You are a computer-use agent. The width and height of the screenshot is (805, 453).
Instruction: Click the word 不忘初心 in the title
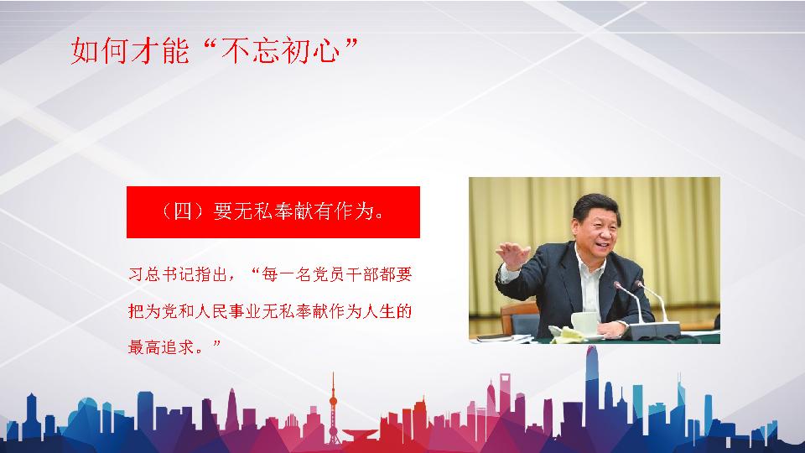(280, 51)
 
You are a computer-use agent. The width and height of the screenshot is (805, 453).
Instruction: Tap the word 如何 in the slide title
(100, 51)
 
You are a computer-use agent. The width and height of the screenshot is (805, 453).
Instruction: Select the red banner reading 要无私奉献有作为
(273, 212)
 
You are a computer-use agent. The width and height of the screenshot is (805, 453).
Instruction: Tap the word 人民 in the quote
(211, 311)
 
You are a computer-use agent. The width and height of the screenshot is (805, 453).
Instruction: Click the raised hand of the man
(512, 255)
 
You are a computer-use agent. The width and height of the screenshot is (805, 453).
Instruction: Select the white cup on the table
(584, 322)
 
